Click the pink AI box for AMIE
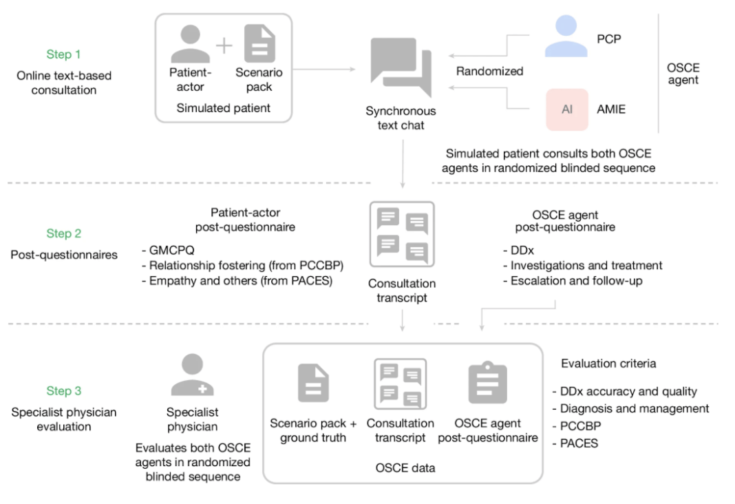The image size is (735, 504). pyautogui.click(x=567, y=109)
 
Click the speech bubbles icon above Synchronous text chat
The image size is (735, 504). pyautogui.click(x=401, y=67)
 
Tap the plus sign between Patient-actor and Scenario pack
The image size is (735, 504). pyautogui.click(x=224, y=46)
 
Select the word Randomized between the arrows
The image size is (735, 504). pyautogui.click(x=489, y=71)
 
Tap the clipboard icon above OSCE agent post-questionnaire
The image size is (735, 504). pyautogui.click(x=487, y=383)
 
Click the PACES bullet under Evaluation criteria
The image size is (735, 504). pyautogui.click(x=575, y=443)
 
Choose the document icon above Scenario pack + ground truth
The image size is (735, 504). pyautogui.click(x=313, y=383)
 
